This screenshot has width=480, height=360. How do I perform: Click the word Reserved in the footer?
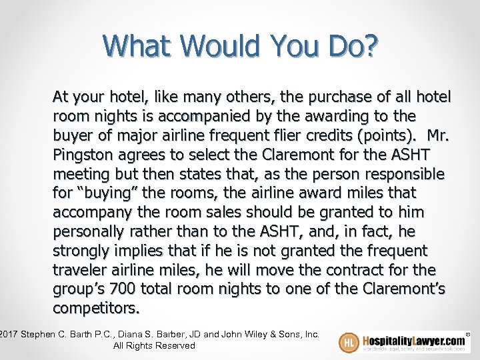[173, 345]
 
